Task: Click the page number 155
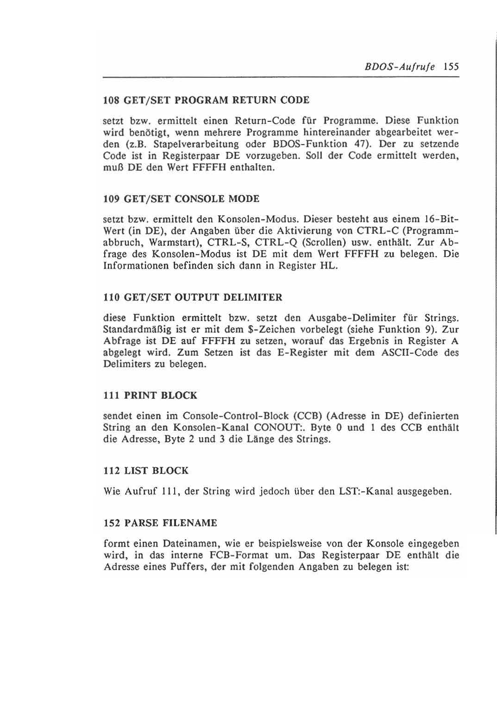(450, 66)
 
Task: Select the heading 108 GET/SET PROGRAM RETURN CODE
(206, 100)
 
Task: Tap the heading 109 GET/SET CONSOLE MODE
(181, 199)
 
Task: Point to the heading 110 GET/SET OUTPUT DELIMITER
(192, 297)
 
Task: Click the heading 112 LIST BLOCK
(145, 471)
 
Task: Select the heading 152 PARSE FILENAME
(160, 523)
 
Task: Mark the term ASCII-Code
(407, 352)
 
